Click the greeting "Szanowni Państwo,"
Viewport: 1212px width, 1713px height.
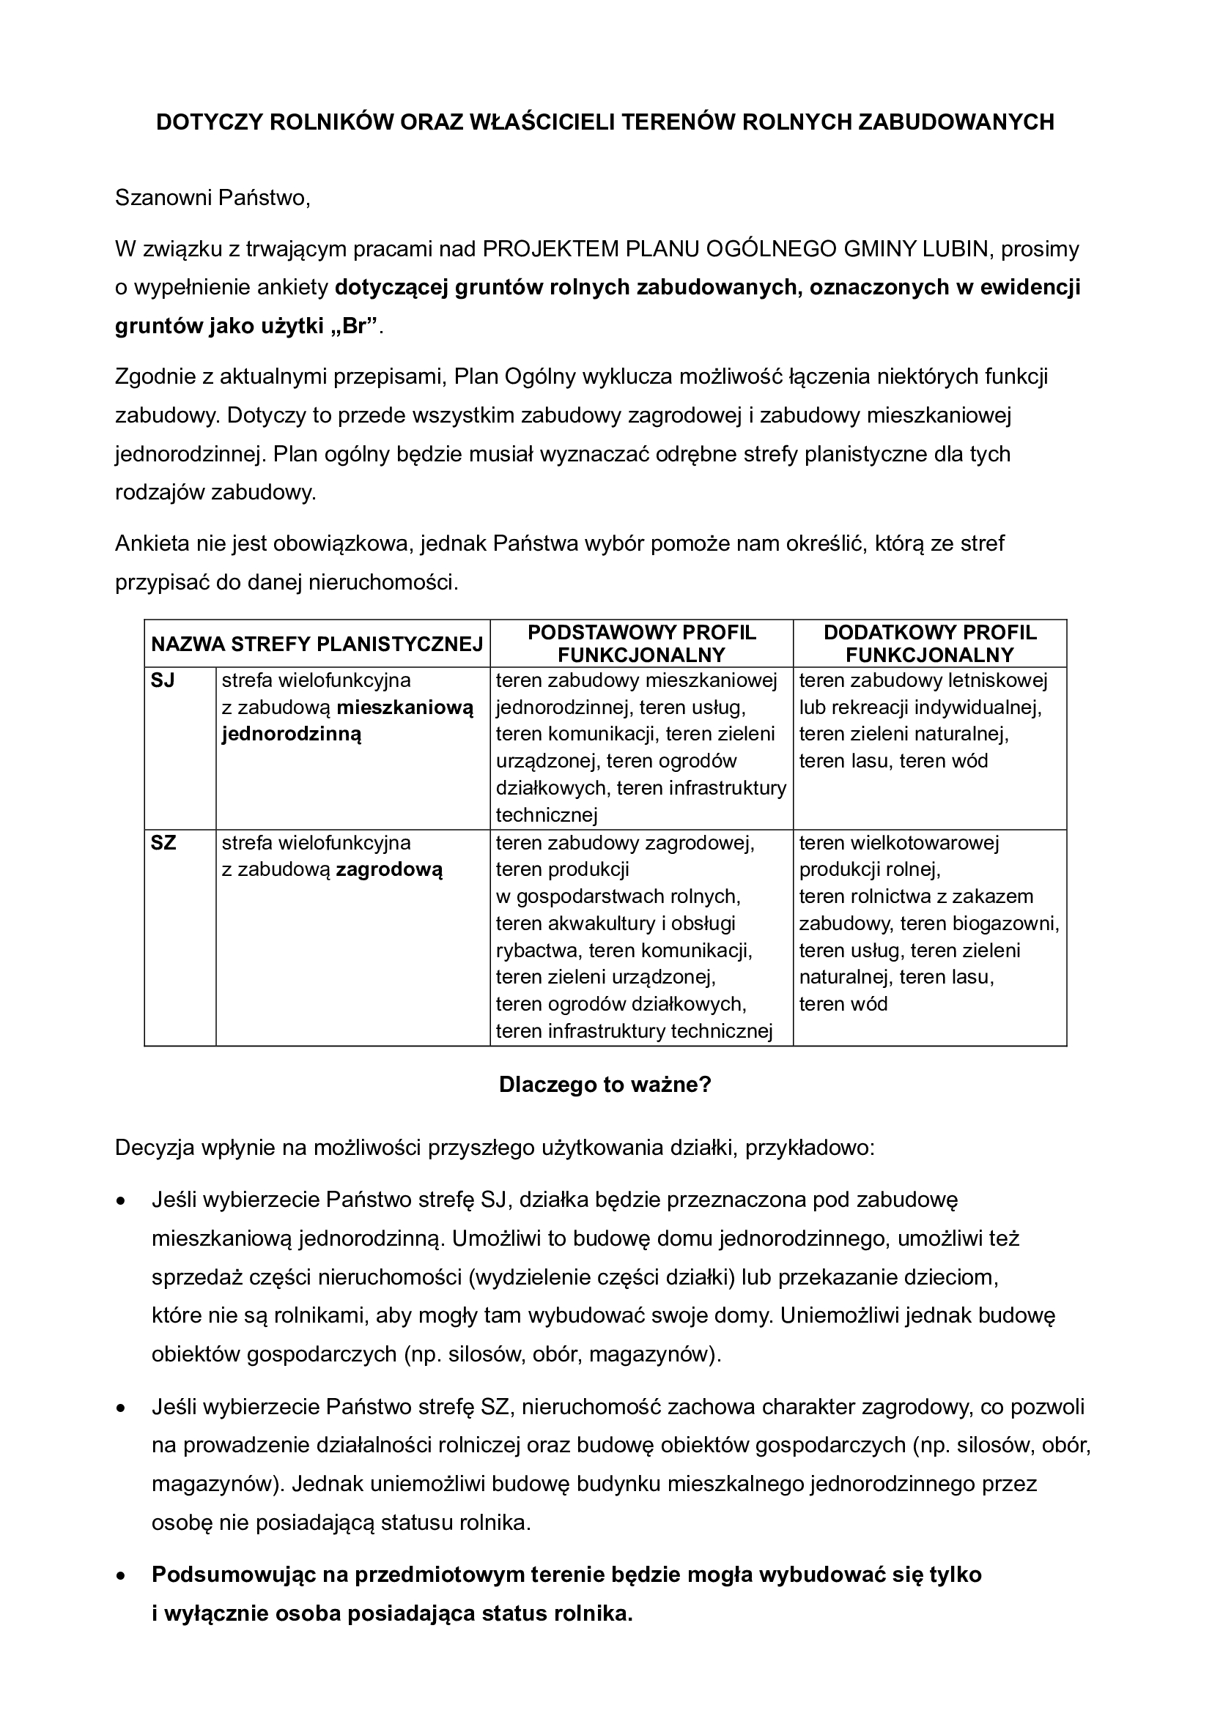tap(212, 198)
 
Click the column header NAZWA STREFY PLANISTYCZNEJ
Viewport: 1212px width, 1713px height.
tap(317, 644)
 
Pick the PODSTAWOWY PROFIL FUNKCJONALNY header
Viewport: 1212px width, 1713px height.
tap(642, 644)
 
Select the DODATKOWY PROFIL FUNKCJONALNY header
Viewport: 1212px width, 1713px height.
tap(930, 644)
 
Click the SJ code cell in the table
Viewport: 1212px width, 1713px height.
tap(163, 680)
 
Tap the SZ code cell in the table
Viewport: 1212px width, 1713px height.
tap(163, 843)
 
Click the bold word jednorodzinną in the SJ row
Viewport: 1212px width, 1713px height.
tap(292, 734)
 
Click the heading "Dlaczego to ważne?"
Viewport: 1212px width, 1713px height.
tap(605, 1085)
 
